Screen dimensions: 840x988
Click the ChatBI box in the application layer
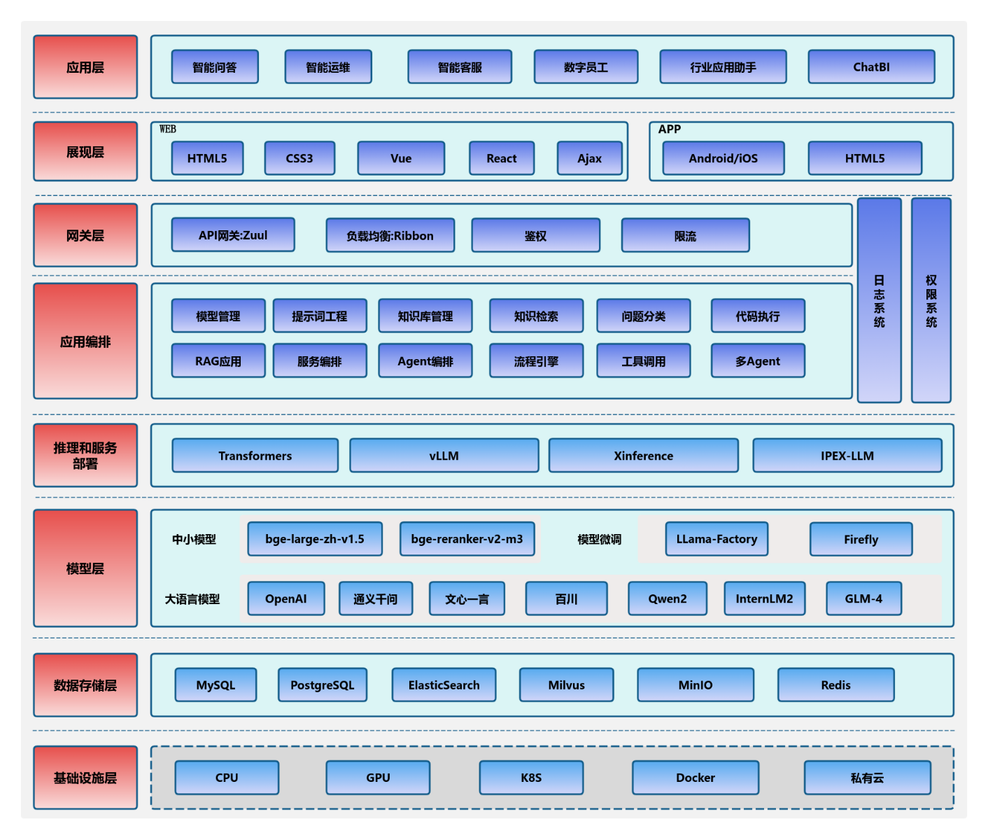coord(871,67)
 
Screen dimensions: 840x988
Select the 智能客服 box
coord(460,67)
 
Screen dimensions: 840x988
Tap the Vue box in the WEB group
coord(401,158)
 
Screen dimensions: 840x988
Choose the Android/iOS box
coord(723,158)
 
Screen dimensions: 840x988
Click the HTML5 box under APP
coord(864,158)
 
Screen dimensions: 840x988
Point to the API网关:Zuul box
coord(233,235)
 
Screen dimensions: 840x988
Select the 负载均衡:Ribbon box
coord(390,236)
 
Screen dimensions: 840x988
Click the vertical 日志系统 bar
coord(879,301)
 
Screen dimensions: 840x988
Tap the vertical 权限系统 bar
coord(931,301)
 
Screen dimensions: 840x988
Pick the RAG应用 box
coord(218,361)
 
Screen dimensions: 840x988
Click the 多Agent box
coord(757,361)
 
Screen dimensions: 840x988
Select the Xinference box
coord(643,456)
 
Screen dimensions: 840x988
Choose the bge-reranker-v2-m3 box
coord(467,539)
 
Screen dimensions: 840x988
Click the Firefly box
coord(861,540)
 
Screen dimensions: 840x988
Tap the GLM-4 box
coord(863,598)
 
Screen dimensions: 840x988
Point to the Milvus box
coord(566,685)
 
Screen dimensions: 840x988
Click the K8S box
coord(531,778)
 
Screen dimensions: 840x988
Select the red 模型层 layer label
coord(85,568)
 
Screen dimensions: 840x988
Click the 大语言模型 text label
coord(192,599)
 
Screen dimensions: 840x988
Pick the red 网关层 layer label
coord(85,236)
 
